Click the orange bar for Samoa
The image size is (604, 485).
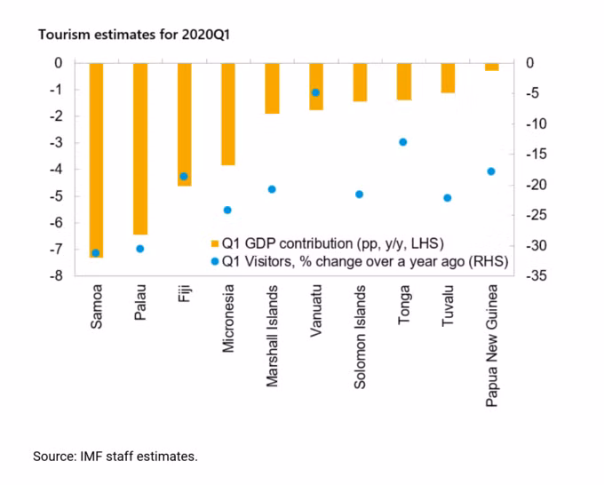pyautogui.click(x=96, y=160)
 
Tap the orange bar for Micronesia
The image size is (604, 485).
pyautogui.click(x=227, y=114)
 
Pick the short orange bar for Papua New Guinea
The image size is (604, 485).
pyautogui.click(x=491, y=67)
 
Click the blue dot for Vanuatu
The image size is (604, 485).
pyautogui.click(x=315, y=92)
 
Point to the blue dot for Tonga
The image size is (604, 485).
pyautogui.click(x=402, y=142)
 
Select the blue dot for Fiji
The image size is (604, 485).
pyautogui.click(x=184, y=177)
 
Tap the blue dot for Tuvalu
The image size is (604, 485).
pyautogui.click(x=447, y=198)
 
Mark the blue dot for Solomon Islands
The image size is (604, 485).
pyautogui.click(x=359, y=195)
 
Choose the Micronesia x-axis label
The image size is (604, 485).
pyautogui.click(x=228, y=319)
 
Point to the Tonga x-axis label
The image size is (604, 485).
pyautogui.click(x=404, y=307)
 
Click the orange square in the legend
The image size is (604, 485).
pyautogui.click(x=212, y=242)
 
